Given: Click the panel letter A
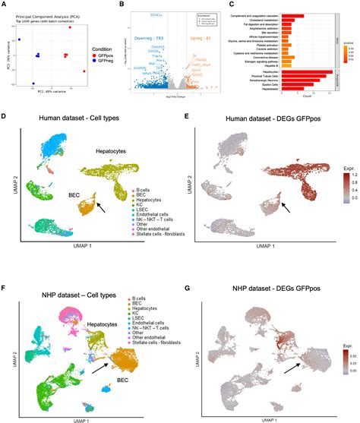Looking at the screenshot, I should click(x=5, y=5).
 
